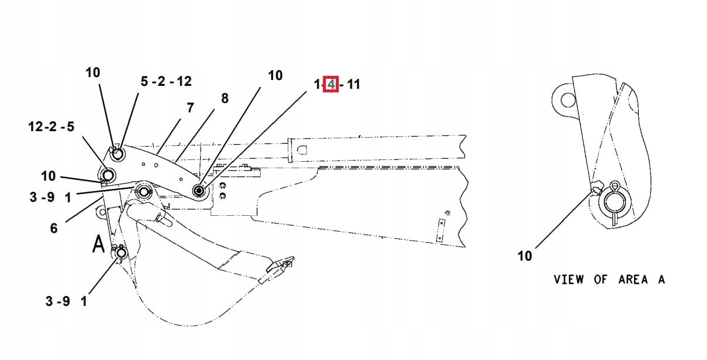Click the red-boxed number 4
click(331, 85)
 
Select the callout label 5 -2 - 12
click(166, 82)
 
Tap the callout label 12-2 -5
click(51, 126)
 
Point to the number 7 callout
click(190, 108)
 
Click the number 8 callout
click(224, 99)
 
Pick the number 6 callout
click(54, 228)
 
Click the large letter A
click(99, 244)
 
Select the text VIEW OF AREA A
click(609, 279)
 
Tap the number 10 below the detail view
click(524, 256)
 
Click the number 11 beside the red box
click(353, 85)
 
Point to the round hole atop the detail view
click(568, 98)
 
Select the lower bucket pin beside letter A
click(122, 254)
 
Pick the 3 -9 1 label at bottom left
click(66, 301)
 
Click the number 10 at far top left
click(93, 72)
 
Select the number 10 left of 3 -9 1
click(48, 176)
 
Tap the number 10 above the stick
click(275, 75)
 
